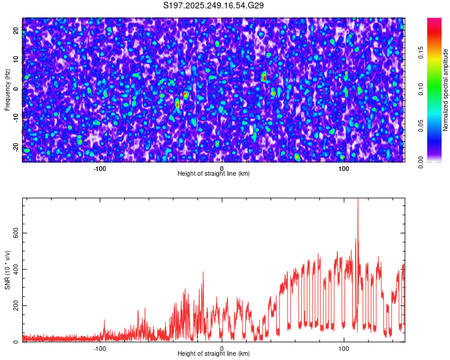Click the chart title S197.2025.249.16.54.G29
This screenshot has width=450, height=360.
tap(214, 6)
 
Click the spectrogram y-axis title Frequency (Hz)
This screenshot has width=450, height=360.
tap(7, 90)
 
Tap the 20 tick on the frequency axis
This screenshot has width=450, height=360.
tap(16, 31)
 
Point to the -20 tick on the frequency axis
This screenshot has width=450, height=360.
tap(16, 147)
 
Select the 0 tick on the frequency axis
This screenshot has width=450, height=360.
tap(16, 89)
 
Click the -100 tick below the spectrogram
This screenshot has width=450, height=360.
tap(100, 168)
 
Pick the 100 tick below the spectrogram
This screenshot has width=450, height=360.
tap(344, 168)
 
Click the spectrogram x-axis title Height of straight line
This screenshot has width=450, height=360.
tap(214, 174)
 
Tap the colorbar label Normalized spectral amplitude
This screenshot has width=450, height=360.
tap(446, 90)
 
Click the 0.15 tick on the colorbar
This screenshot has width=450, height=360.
tap(421, 52)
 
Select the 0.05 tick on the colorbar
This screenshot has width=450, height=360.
tap(421, 125)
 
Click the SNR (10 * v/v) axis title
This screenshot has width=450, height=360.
tap(7, 270)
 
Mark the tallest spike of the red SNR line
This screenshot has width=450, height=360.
tap(358, 200)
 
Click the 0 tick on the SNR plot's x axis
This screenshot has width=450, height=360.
tap(222, 349)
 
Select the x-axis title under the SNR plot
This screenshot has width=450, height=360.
tap(214, 355)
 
